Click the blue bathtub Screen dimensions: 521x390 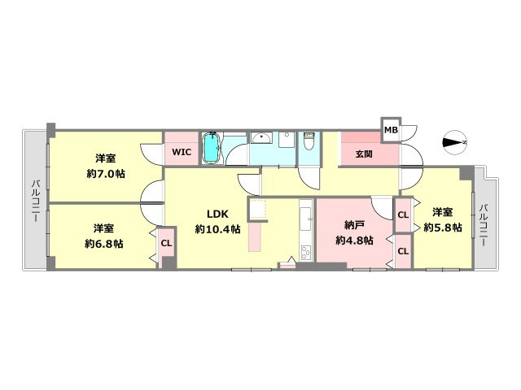212,148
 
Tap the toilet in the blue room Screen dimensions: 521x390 309,141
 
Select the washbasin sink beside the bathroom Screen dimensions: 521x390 261,137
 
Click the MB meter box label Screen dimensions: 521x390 391,130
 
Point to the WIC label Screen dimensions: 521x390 182,152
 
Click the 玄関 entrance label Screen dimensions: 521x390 364,154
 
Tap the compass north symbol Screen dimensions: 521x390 455,142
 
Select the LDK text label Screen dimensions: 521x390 217,214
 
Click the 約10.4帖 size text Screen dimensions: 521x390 217,229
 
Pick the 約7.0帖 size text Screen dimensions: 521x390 106,173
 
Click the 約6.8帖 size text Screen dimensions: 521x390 104,244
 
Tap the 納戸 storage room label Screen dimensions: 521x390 354,226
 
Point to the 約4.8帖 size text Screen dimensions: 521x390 354,240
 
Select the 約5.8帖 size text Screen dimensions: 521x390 443,227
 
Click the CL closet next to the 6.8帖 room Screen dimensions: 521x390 166,244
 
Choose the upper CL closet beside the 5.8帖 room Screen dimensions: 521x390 403,214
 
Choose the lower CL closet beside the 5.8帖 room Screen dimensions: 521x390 403,251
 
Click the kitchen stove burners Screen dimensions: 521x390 306,253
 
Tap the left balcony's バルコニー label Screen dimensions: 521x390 35,201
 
